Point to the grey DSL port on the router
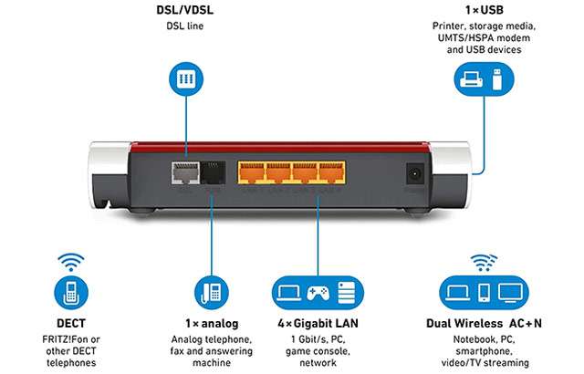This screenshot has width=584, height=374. tap(184, 172)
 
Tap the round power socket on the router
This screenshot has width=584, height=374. tap(416, 172)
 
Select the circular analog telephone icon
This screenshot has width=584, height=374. tap(212, 293)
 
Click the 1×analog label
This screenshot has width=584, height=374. tap(212, 323)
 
